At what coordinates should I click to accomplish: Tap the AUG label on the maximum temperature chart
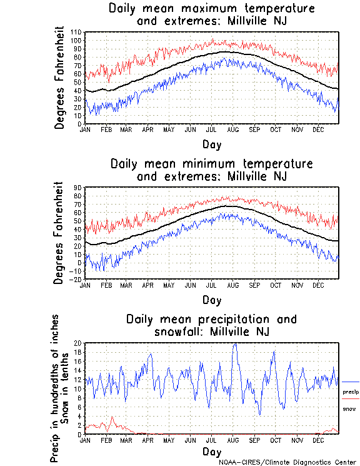(232, 129)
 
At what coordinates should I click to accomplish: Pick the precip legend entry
(350, 392)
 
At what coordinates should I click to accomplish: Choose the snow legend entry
(349, 408)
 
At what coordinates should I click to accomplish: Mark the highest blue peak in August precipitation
(235, 343)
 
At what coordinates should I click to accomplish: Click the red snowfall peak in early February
(112, 417)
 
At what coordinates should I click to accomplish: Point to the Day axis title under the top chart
(211, 145)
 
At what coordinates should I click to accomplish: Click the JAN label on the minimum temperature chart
(85, 285)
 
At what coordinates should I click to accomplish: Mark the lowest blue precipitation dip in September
(259, 414)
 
